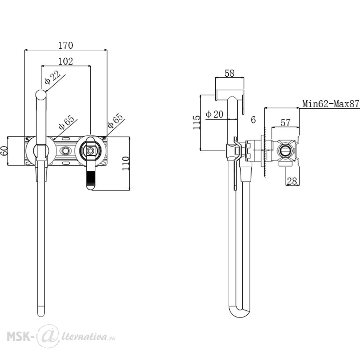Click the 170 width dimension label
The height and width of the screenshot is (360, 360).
[66, 45]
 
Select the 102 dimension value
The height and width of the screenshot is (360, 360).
[66, 61]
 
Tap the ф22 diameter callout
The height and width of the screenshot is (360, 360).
[52, 78]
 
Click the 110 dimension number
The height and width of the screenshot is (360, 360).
[126, 163]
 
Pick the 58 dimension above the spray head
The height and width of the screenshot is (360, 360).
[229, 73]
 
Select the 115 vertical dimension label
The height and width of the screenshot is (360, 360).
[197, 122]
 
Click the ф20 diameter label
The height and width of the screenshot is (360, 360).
[215, 114]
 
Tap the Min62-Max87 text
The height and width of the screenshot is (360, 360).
[330, 104]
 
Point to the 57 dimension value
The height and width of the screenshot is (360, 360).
[285, 123]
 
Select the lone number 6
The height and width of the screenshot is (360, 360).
[253, 120]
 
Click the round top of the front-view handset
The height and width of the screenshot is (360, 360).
[41, 95]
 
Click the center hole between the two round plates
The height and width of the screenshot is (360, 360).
[66, 150]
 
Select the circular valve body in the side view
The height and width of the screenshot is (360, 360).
[285, 151]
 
